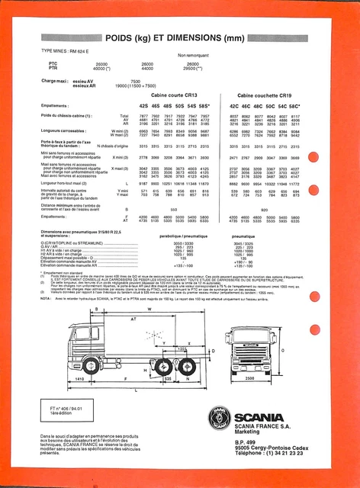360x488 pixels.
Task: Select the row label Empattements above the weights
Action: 56,105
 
